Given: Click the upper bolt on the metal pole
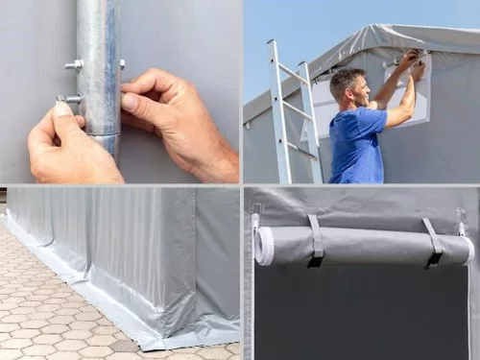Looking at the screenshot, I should tap(74, 65).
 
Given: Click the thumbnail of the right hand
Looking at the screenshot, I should tap(130, 101).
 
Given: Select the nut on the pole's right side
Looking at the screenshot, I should tap(122, 64).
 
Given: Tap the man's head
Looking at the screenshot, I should tap(347, 85).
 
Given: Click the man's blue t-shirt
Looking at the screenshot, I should tap(357, 144).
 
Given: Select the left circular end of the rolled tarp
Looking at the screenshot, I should tap(264, 246).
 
